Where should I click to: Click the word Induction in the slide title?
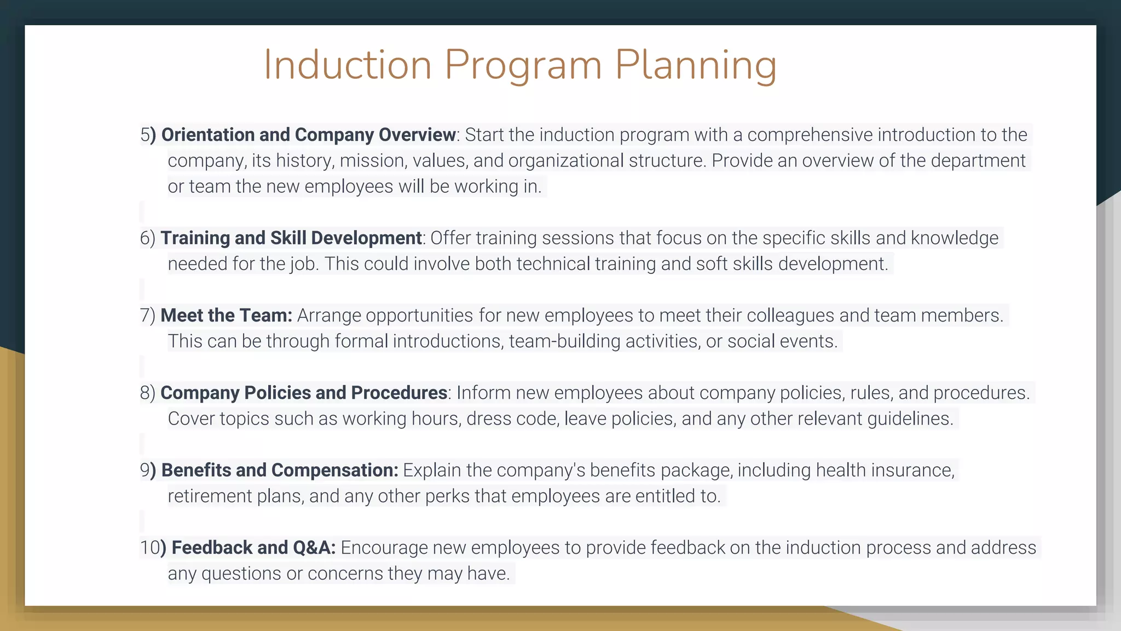[x=348, y=65]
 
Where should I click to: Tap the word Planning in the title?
[x=695, y=66]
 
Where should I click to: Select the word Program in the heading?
[x=523, y=66]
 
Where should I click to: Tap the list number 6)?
[x=148, y=238]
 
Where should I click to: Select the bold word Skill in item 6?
[x=288, y=238]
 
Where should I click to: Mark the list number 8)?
[x=148, y=393]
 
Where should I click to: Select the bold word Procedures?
[x=399, y=393]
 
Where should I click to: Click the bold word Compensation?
[x=334, y=470]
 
